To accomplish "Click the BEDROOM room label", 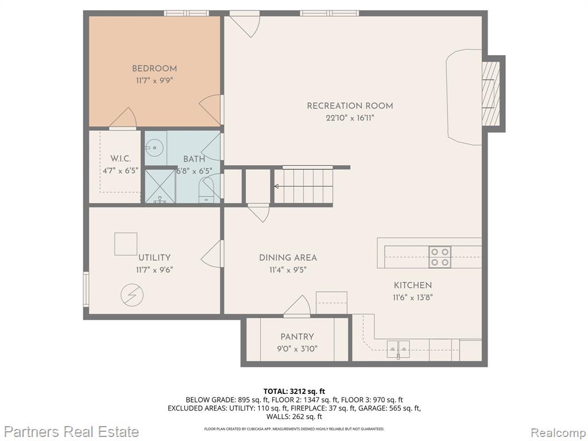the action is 154,69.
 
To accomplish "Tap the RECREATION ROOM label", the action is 350,106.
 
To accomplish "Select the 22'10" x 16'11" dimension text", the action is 350,118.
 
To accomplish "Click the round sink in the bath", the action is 153,147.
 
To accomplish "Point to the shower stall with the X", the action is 160,186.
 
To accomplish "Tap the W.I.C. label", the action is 121,158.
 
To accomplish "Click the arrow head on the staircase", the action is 276,187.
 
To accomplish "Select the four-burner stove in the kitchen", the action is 440,257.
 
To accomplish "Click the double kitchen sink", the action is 399,349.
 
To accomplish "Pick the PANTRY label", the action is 297,336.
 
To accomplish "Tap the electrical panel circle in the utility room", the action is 132,295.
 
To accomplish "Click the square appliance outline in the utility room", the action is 126,243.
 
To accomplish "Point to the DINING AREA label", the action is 288,258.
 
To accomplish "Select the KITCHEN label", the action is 412,285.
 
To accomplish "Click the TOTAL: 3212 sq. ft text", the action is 294,392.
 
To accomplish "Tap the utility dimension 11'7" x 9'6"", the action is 154,270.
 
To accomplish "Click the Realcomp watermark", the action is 558,432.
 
